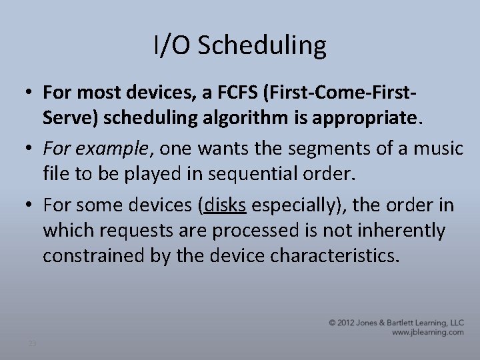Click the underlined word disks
(x=226, y=206)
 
